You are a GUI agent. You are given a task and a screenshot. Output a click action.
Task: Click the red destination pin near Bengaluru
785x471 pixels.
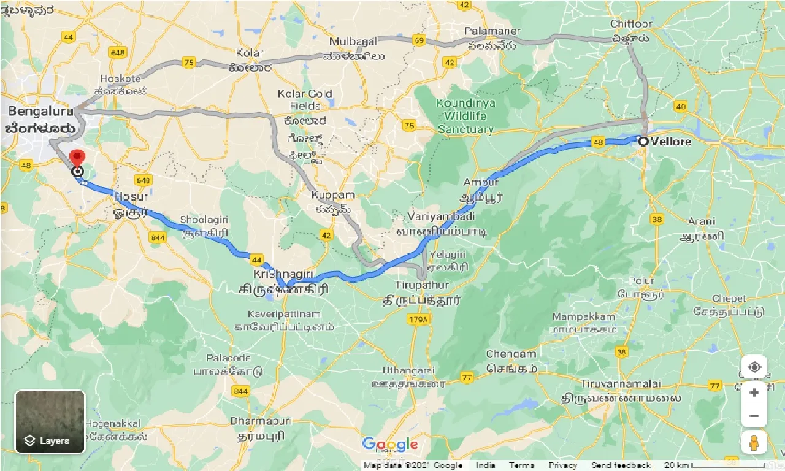[x=77, y=157]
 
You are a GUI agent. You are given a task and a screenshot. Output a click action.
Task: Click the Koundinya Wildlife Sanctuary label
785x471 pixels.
[x=465, y=116]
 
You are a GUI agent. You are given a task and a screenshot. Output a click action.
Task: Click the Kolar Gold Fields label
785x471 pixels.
[x=305, y=99]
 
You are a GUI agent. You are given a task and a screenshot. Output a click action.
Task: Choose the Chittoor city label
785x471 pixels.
[x=631, y=25]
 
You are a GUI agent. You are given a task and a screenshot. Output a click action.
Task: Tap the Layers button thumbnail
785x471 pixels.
[x=50, y=422]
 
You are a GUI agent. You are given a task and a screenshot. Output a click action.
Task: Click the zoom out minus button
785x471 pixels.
[x=754, y=416]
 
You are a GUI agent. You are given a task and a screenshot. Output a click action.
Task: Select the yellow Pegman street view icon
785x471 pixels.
[x=754, y=443]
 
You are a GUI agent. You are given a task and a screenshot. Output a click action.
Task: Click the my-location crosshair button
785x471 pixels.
[x=754, y=367]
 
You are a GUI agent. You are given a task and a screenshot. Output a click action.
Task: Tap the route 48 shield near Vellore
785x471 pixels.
[x=599, y=142]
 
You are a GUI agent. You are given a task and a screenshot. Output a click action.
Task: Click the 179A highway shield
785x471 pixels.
[x=419, y=320]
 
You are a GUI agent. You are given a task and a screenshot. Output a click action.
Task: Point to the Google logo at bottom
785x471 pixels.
[x=390, y=445]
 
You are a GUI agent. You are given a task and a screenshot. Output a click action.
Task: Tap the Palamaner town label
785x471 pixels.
[x=492, y=31]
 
